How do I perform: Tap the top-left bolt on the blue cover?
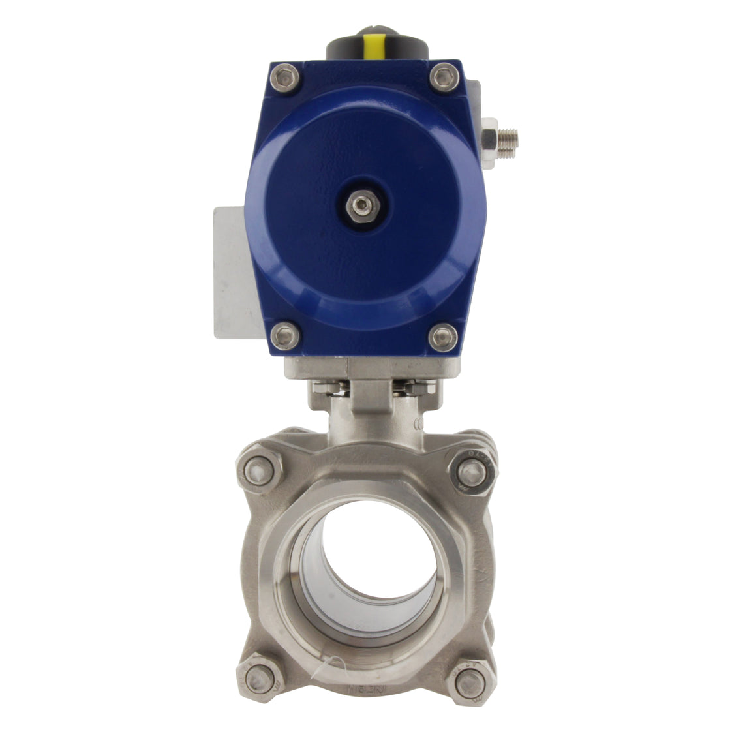click(285, 78)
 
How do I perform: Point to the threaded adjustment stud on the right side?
click(509, 137)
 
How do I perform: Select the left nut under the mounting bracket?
click(324, 389)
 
